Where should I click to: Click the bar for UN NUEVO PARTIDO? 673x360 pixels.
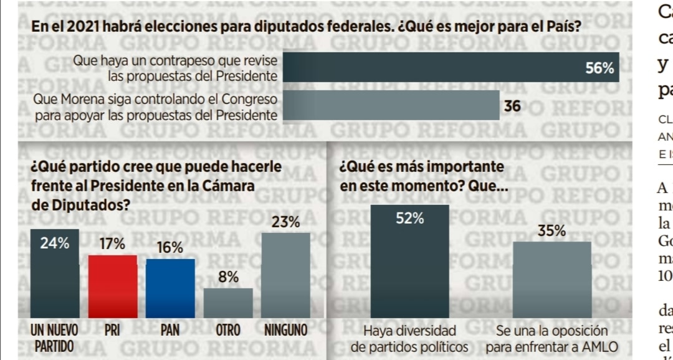pyautogui.click(x=55, y=274)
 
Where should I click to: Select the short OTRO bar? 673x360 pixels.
pyautogui.click(x=228, y=303)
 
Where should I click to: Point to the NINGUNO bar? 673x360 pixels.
pyautogui.click(x=285, y=275)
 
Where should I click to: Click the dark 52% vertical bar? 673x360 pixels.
pyautogui.click(x=409, y=262)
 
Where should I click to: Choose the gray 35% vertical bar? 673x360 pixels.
pyautogui.click(x=551, y=280)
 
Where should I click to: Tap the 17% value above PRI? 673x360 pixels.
pyautogui.click(x=112, y=244)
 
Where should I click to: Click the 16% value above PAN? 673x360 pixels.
pyautogui.click(x=170, y=247)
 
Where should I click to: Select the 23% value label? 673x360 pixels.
pyautogui.click(x=285, y=222)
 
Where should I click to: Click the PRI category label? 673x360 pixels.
pyautogui.click(x=112, y=331)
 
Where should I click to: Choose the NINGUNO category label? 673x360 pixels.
pyautogui.click(x=285, y=331)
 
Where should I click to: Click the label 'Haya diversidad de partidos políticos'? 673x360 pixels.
pyautogui.click(x=409, y=338)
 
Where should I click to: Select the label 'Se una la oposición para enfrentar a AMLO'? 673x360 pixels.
pyautogui.click(x=551, y=338)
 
